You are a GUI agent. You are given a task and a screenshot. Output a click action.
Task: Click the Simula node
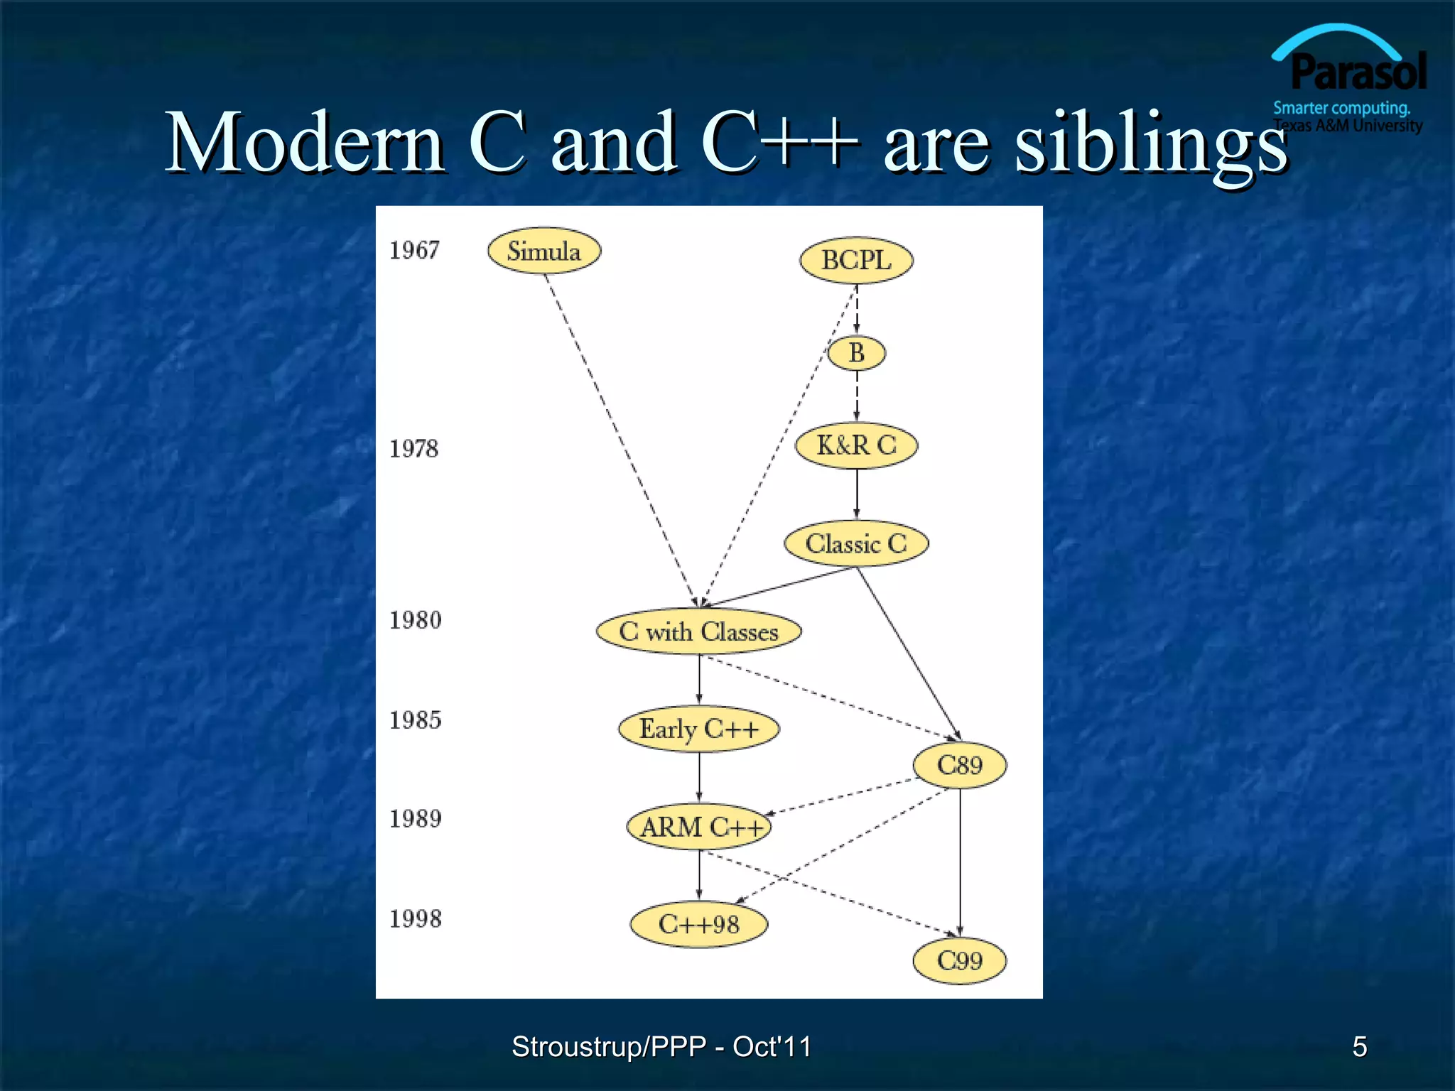point(544,251)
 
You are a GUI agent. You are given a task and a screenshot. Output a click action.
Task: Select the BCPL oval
point(856,260)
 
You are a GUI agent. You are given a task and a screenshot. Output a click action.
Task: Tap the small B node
point(857,353)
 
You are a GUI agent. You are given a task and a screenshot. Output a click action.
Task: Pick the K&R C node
point(856,445)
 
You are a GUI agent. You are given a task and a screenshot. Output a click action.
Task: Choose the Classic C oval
point(856,544)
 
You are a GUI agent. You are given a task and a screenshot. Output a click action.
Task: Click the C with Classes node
point(699,631)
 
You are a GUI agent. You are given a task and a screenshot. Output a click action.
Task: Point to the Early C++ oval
point(699,729)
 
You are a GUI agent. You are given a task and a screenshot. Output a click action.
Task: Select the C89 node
point(959,765)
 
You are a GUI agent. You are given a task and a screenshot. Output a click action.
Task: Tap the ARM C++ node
point(699,827)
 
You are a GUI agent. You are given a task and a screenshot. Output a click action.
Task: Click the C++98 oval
point(699,924)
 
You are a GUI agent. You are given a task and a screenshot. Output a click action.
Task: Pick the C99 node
point(959,961)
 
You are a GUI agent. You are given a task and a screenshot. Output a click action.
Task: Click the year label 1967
point(414,250)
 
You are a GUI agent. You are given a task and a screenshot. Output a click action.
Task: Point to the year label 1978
point(414,449)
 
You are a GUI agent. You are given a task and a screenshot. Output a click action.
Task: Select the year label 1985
point(416,720)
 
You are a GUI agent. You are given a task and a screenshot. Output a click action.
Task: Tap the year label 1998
point(416,919)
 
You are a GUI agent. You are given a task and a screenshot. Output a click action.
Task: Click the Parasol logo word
point(1358,72)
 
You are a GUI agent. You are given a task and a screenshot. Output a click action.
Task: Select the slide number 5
point(1359,1046)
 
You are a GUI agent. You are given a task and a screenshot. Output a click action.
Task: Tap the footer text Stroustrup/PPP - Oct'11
point(661,1046)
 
